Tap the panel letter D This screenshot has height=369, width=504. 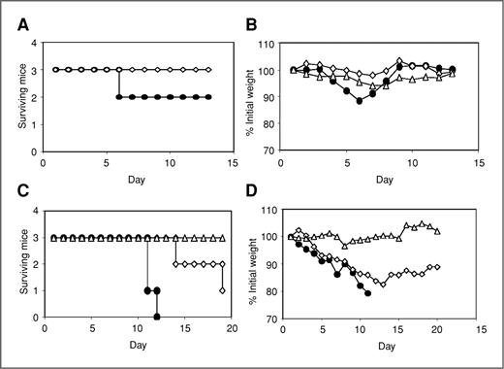pos(267,202)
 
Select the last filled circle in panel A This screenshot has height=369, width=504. pos(208,97)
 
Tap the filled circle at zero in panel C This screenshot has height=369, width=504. pos(157,317)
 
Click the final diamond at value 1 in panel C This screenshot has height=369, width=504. pos(223,290)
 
